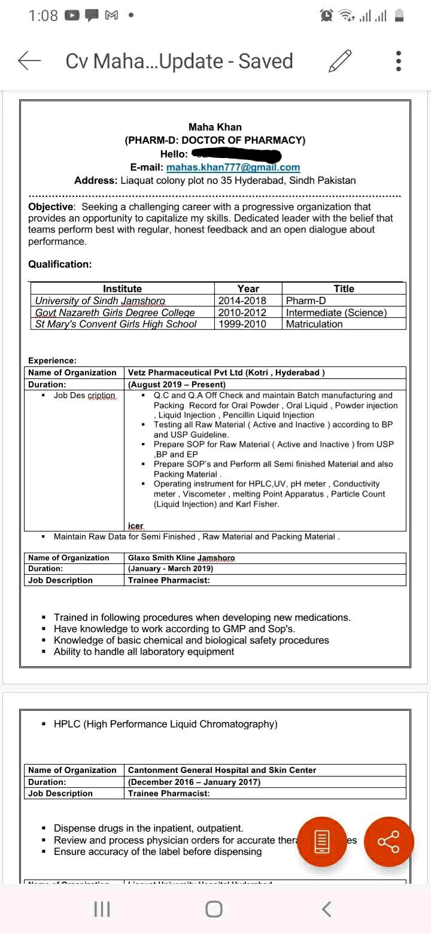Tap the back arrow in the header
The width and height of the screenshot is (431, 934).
(x=29, y=61)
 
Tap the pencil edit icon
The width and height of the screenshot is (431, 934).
(x=340, y=61)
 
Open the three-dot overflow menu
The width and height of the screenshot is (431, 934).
(x=399, y=61)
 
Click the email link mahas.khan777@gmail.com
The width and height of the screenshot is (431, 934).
(x=233, y=168)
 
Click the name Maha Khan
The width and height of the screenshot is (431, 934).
(x=215, y=127)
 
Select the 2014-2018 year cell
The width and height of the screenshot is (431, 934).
(x=242, y=301)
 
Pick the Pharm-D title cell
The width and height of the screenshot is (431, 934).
(x=306, y=301)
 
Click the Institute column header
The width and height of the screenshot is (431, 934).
(x=122, y=289)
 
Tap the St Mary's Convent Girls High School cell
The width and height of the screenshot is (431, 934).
(x=116, y=324)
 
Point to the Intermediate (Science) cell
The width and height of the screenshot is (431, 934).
(x=336, y=313)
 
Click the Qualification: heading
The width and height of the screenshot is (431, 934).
(x=60, y=264)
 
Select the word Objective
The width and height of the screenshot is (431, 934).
(x=50, y=207)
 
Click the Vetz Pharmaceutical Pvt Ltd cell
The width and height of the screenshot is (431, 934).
(x=226, y=372)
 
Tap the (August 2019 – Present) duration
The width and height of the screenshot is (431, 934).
(x=177, y=384)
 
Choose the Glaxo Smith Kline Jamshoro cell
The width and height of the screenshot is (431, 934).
(x=181, y=557)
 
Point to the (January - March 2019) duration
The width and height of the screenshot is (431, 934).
(x=171, y=569)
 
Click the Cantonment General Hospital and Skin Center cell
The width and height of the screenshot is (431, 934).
(x=222, y=770)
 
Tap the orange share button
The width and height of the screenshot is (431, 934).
(x=388, y=841)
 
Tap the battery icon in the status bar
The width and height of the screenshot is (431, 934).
(x=399, y=16)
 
